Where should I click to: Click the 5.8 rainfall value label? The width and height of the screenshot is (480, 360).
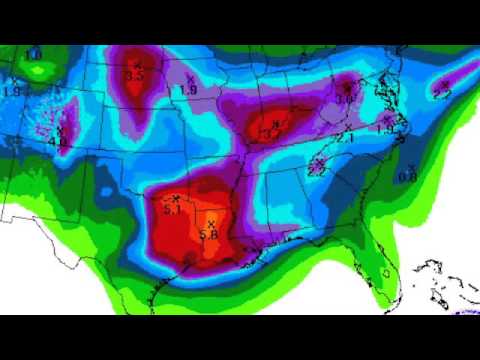pos(209,234)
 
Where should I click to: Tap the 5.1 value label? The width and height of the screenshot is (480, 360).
pos(172,210)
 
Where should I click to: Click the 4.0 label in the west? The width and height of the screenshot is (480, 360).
pos(57,143)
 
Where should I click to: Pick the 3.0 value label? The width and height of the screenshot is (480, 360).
pos(345,99)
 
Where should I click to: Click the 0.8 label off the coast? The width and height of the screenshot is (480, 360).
pos(407,177)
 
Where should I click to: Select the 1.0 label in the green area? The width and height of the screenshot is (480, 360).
pos(33,54)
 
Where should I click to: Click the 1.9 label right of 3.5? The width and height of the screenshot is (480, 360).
pos(187,90)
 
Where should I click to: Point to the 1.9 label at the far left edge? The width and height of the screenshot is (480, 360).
pos(12,91)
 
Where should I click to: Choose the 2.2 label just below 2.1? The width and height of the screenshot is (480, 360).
pos(317,171)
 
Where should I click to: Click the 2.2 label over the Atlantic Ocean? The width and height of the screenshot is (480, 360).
pos(441,92)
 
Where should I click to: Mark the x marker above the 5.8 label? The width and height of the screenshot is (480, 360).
pos(210,222)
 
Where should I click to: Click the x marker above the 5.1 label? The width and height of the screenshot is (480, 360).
pos(176,197)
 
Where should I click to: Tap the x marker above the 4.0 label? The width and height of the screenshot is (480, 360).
pos(60,130)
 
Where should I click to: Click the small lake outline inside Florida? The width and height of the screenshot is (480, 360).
pos(386,273)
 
